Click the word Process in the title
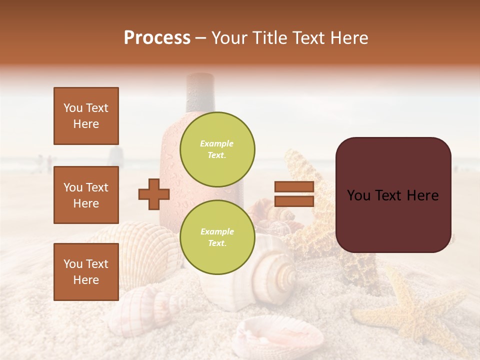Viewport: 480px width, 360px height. (x=157, y=38)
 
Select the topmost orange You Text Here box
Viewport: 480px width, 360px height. (x=86, y=116)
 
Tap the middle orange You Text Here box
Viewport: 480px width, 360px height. (x=86, y=195)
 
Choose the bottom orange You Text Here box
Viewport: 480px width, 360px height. (x=86, y=271)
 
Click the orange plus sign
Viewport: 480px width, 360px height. (x=154, y=194)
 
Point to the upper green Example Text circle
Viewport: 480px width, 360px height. (x=217, y=149)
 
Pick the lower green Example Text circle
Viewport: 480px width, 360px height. (x=217, y=237)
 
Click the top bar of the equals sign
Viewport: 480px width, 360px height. (x=294, y=187)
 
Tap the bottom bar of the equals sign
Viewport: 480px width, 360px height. (x=294, y=201)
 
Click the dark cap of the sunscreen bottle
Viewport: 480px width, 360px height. (x=200, y=92)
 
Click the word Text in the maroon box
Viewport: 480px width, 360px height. (x=395, y=195)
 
